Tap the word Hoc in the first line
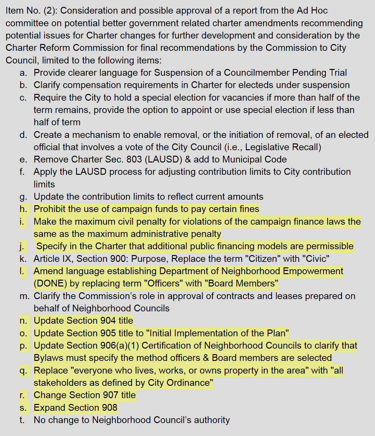[319, 11]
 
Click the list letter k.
[23, 259]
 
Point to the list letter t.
[22, 420]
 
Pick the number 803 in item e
[134, 160]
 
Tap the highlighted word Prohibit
[50, 209]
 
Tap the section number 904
[108, 321]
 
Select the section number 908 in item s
[109, 408]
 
